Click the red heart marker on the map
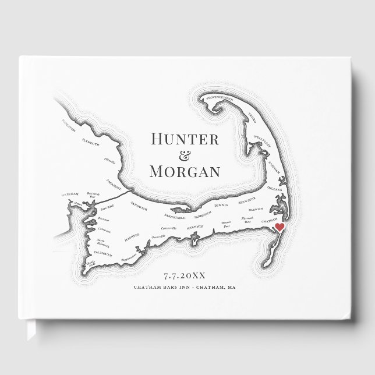coord(279,227)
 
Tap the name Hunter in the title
coord(185,139)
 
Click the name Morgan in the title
coord(185,171)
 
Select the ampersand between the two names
coord(185,155)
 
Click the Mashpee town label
coord(132,237)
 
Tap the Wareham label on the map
coord(69,195)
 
